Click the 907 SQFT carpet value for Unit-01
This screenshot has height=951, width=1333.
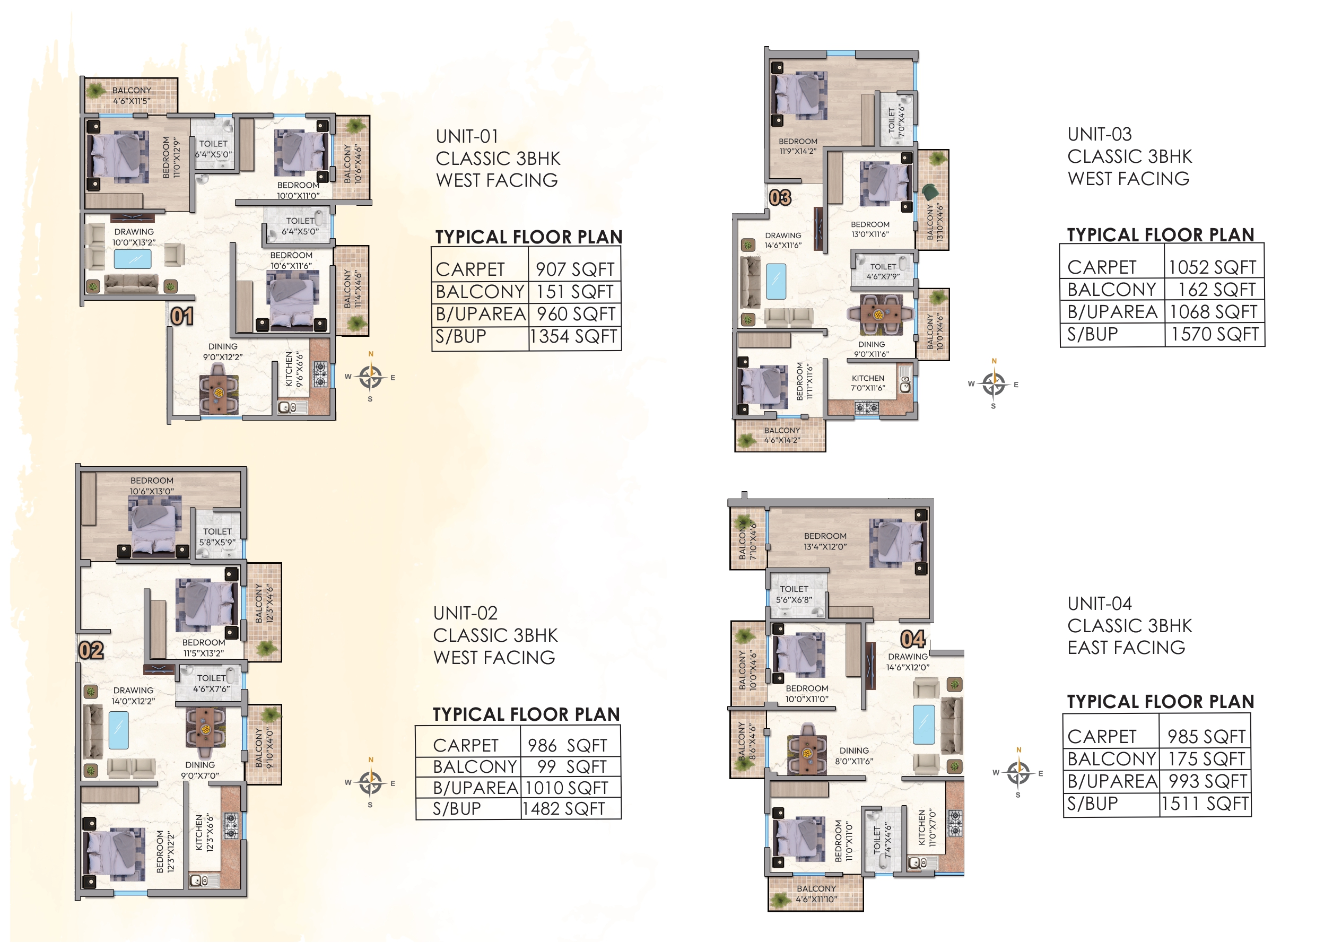[574, 269]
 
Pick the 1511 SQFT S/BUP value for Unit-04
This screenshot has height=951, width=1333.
[1205, 804]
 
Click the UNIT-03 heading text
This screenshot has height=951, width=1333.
[1099, 134]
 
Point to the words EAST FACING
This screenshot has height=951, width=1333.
[1126, 648]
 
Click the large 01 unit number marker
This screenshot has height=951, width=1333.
[181, 316]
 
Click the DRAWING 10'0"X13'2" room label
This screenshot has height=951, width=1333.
[134, 237]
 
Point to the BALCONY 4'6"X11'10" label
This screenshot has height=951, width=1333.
[816, 894]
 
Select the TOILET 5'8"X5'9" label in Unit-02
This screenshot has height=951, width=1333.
[217, 537]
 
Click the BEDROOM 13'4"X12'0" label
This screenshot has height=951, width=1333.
[825, 541]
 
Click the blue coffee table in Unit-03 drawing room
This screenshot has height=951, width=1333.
[776, 282]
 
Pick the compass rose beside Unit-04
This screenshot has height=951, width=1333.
[1018, 773]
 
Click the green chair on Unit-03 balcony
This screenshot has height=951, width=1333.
[930, 191]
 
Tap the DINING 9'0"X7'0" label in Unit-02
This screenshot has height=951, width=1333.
[200, 770]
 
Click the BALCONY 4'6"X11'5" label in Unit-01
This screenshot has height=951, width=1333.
[131, 95]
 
